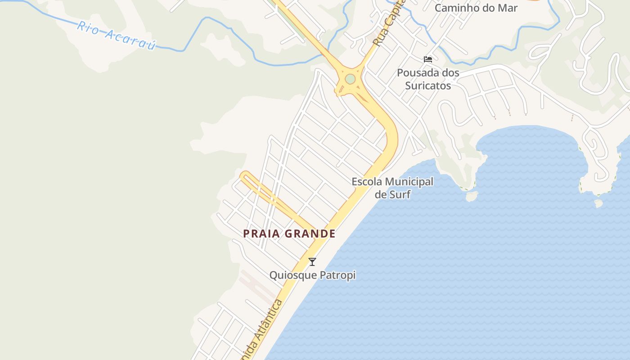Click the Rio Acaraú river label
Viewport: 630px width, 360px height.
pyautogui.click(x=116, y=35)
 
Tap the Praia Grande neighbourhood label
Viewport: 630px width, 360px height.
pyautogui.click(x=289, y=234)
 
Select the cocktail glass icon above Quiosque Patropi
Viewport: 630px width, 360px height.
pyautogui.click(x=312, y=262)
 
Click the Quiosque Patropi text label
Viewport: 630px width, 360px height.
pyautogui.click(x=312, y=275)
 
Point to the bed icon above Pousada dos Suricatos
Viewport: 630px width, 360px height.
pyautogui.click(x=428, y=59)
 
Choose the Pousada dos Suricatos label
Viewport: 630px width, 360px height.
pyautogui.click(x=428, y=79)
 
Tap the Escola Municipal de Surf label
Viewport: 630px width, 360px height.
pyautogui.click(x=392, y=188)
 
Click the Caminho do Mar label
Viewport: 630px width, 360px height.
pyautogui.click(x=476, y=8)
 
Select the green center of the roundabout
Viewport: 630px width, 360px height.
pyautogui.click(x=350, y=79)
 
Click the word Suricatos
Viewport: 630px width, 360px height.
pyautogui.click(x=428, y=85)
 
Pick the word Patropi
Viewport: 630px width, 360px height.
pyautogui.click(x=337, y=275)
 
